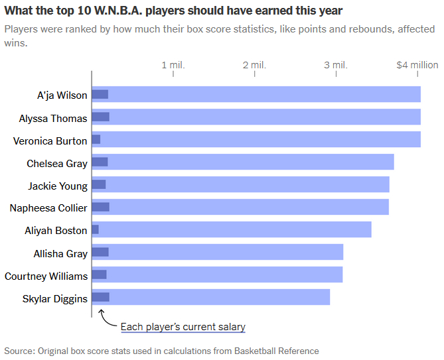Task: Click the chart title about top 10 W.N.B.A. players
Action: (x=173, y=11)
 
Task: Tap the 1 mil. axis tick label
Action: (x=173, y=65)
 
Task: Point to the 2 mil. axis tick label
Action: (x=254, y=65)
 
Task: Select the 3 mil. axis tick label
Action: (x=336, y=65)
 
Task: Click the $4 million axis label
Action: (x=417, y=65)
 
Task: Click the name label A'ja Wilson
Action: (x=62, y=95)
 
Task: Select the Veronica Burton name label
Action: (x=50, y=141)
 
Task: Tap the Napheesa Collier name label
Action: (x=48, y=208)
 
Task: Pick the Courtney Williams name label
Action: (x=46, y=275)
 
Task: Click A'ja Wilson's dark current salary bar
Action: (x=100, y=94)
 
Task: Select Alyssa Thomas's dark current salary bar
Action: (x=101, y=117)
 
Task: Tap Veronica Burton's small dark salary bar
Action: (x=96, y=139)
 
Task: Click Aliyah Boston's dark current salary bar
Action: (x=96, y=229)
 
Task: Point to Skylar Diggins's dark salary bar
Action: (x=101, y=297)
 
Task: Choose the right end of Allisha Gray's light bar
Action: (x=341, y=252)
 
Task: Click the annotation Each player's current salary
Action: (x=183, y=327)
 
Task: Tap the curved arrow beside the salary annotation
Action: (x=106, y=319)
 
